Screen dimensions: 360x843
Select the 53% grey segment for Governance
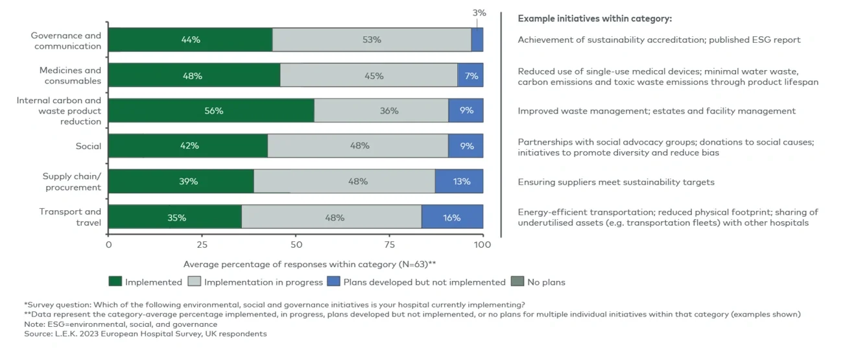[x=372, y=40]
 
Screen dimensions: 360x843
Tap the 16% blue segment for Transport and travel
[x=452, y=217]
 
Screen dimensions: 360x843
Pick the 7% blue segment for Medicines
[x=470, y=76]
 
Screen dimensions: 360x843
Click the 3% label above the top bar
[x=479, y=13]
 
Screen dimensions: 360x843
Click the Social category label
[x=88, y=147]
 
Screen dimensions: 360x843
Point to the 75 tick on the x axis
[x=389, y=245]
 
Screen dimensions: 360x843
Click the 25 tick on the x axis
[x=202, y=245]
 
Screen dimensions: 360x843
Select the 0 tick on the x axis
[x=108, y=245]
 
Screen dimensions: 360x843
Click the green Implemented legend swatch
[x=115, y=282]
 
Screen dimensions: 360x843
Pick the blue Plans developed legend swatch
[x=333, y=282]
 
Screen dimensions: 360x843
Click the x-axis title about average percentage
[x=309, y=264]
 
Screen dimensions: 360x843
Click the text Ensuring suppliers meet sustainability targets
[x=615, y=182]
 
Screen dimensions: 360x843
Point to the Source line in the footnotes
[x=145, y=334]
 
